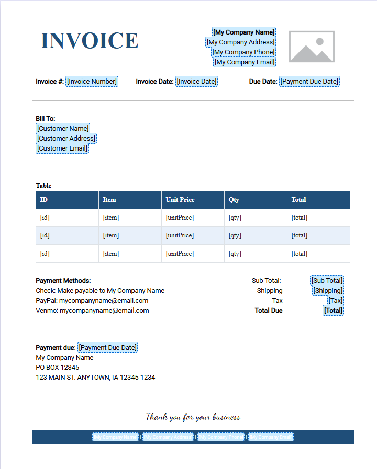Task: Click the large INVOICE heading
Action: pos(90,41)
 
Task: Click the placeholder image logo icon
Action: pos(312,47)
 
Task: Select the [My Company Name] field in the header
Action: pos(243,32)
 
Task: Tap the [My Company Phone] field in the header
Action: pos(243,52)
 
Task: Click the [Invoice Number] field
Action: pos(92,82)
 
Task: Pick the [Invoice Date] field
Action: pos(196,82)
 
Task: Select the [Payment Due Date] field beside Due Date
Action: pos(309,82)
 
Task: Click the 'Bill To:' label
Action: pos(46,119)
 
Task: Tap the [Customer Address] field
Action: pos(66,139)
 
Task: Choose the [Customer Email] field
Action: pos(62,148)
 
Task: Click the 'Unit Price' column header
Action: pos(180,200)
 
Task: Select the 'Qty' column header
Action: pos(234,200)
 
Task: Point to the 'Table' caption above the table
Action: pos(43,186)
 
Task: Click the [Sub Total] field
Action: pos(327,281)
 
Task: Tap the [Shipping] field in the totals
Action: pos(328,291)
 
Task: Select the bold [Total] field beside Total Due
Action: pos(334,311)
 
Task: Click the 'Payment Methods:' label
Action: pos(63,281)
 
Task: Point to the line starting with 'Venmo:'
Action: pos(92,311)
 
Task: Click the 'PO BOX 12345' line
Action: pos(58,368)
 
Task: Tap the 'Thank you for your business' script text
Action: pos(193,417)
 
